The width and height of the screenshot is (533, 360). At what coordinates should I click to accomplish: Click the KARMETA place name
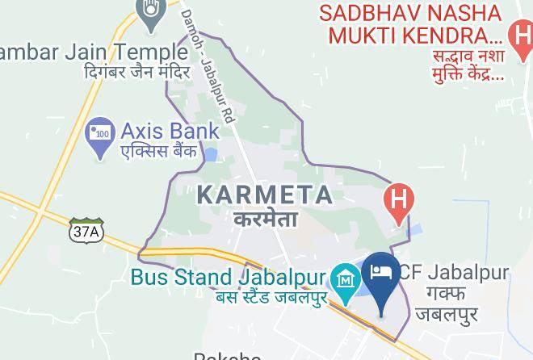(x=265, y=195)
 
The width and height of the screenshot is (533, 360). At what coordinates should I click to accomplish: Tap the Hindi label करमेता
(x=266, y=218)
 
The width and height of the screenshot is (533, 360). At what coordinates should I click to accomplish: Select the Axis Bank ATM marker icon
(x=100, y=138)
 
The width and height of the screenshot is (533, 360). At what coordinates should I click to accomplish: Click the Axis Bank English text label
(x=170, y=131)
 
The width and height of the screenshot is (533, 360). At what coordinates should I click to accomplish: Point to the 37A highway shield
(x=84, y=231)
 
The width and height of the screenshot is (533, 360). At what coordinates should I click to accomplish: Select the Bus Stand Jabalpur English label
(x=228, y=278)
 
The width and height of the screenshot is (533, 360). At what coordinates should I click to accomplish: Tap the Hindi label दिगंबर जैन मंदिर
(x=136, y=73)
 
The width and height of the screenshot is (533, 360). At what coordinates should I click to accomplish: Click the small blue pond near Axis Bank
(x=211, y=154)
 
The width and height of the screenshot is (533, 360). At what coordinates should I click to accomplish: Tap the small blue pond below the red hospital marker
(x=415, y=231)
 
